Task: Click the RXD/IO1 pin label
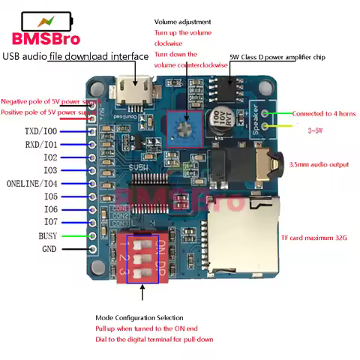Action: [x=40, y=144]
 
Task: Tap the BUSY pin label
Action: [x=48, y=235]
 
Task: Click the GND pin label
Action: [x=49, y=249]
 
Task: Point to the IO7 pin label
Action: [x=50, y=222]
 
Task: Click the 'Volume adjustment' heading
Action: [x=183, y=22]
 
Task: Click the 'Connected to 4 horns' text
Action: [x=324, y=113]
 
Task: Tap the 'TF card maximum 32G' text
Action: [x=313, y=238]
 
